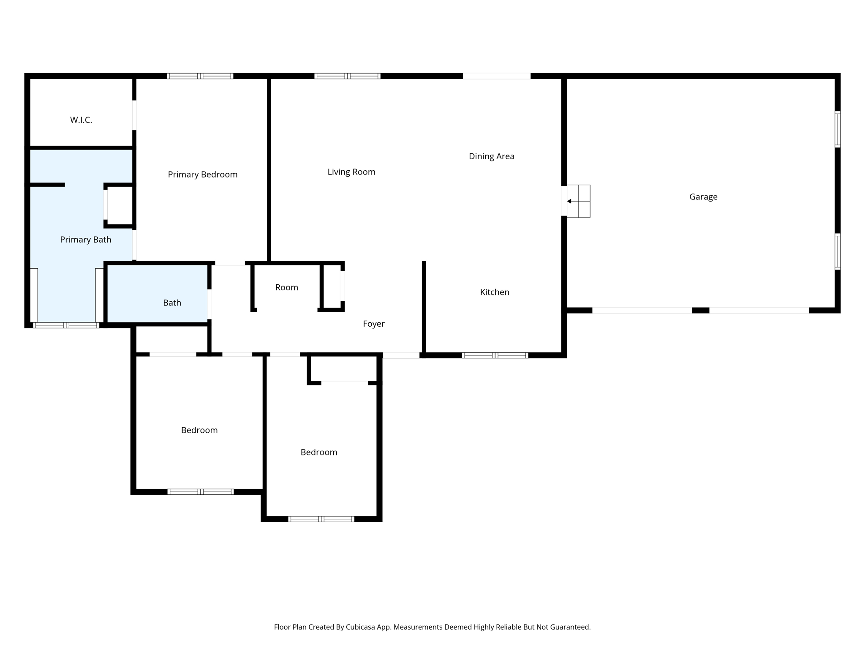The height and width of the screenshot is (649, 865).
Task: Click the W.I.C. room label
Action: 81,120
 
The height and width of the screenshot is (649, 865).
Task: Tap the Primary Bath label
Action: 86,240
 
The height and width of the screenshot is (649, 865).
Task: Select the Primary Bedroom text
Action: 203,175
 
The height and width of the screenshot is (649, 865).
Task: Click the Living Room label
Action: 351,172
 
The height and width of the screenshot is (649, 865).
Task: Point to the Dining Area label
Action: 492,156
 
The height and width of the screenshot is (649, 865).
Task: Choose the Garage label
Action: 703,197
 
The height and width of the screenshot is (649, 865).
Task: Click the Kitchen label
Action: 495,292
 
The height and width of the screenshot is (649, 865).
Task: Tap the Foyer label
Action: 374,324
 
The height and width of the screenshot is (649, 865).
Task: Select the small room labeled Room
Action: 287,288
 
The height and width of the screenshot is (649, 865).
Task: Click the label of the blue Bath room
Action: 172,303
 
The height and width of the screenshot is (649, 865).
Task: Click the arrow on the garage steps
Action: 570,201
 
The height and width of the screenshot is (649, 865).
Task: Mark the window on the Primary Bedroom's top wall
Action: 200,76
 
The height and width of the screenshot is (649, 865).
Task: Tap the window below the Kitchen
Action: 495,355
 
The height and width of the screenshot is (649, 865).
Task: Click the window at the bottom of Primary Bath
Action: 66,325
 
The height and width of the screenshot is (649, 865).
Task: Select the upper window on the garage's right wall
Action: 838,129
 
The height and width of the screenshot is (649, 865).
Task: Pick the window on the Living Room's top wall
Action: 347,76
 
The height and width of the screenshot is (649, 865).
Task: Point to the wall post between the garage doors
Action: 700,311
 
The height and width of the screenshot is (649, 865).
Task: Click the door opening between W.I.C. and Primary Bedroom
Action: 134,115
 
